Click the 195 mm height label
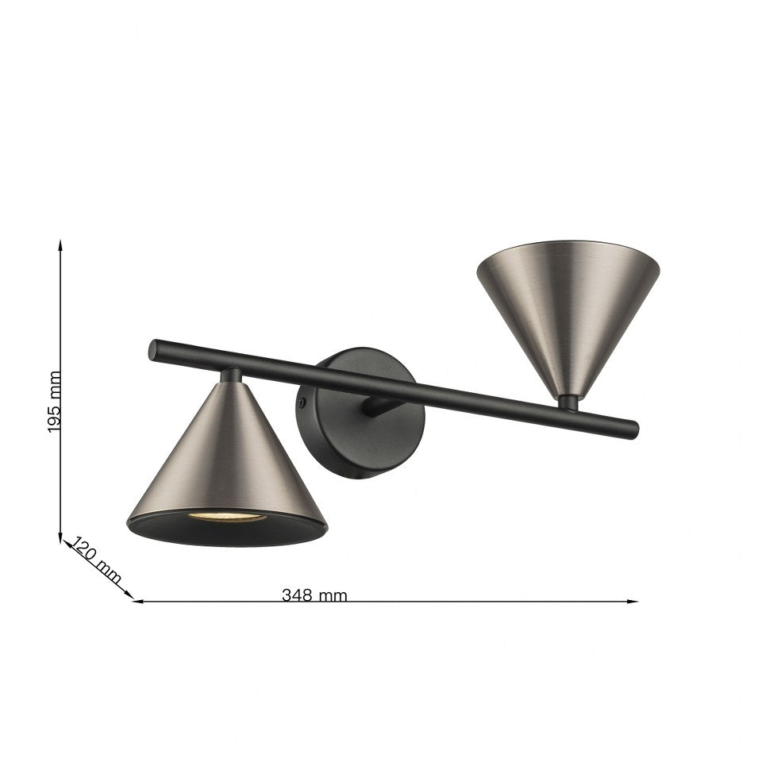coord(54,402)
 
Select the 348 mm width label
coord(314,595)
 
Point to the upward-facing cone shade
coord(568,310)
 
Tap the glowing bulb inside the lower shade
coord(226,517)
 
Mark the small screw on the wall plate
coord(302,403)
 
